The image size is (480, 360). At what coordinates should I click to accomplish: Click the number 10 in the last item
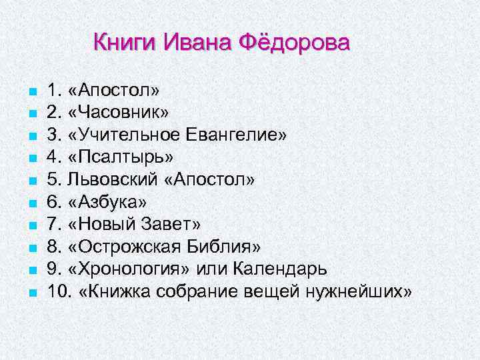tap(57, 292)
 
